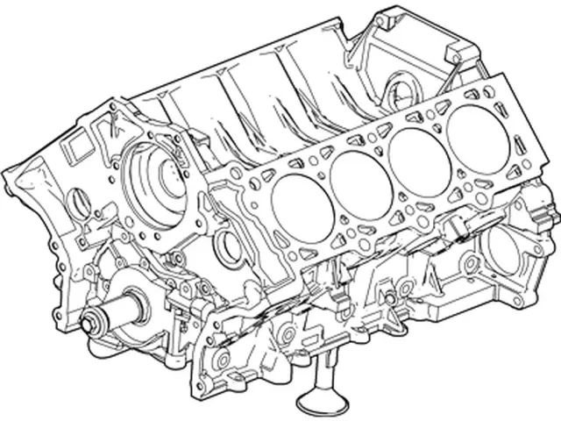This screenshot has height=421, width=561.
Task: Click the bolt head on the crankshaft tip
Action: [89, 321]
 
